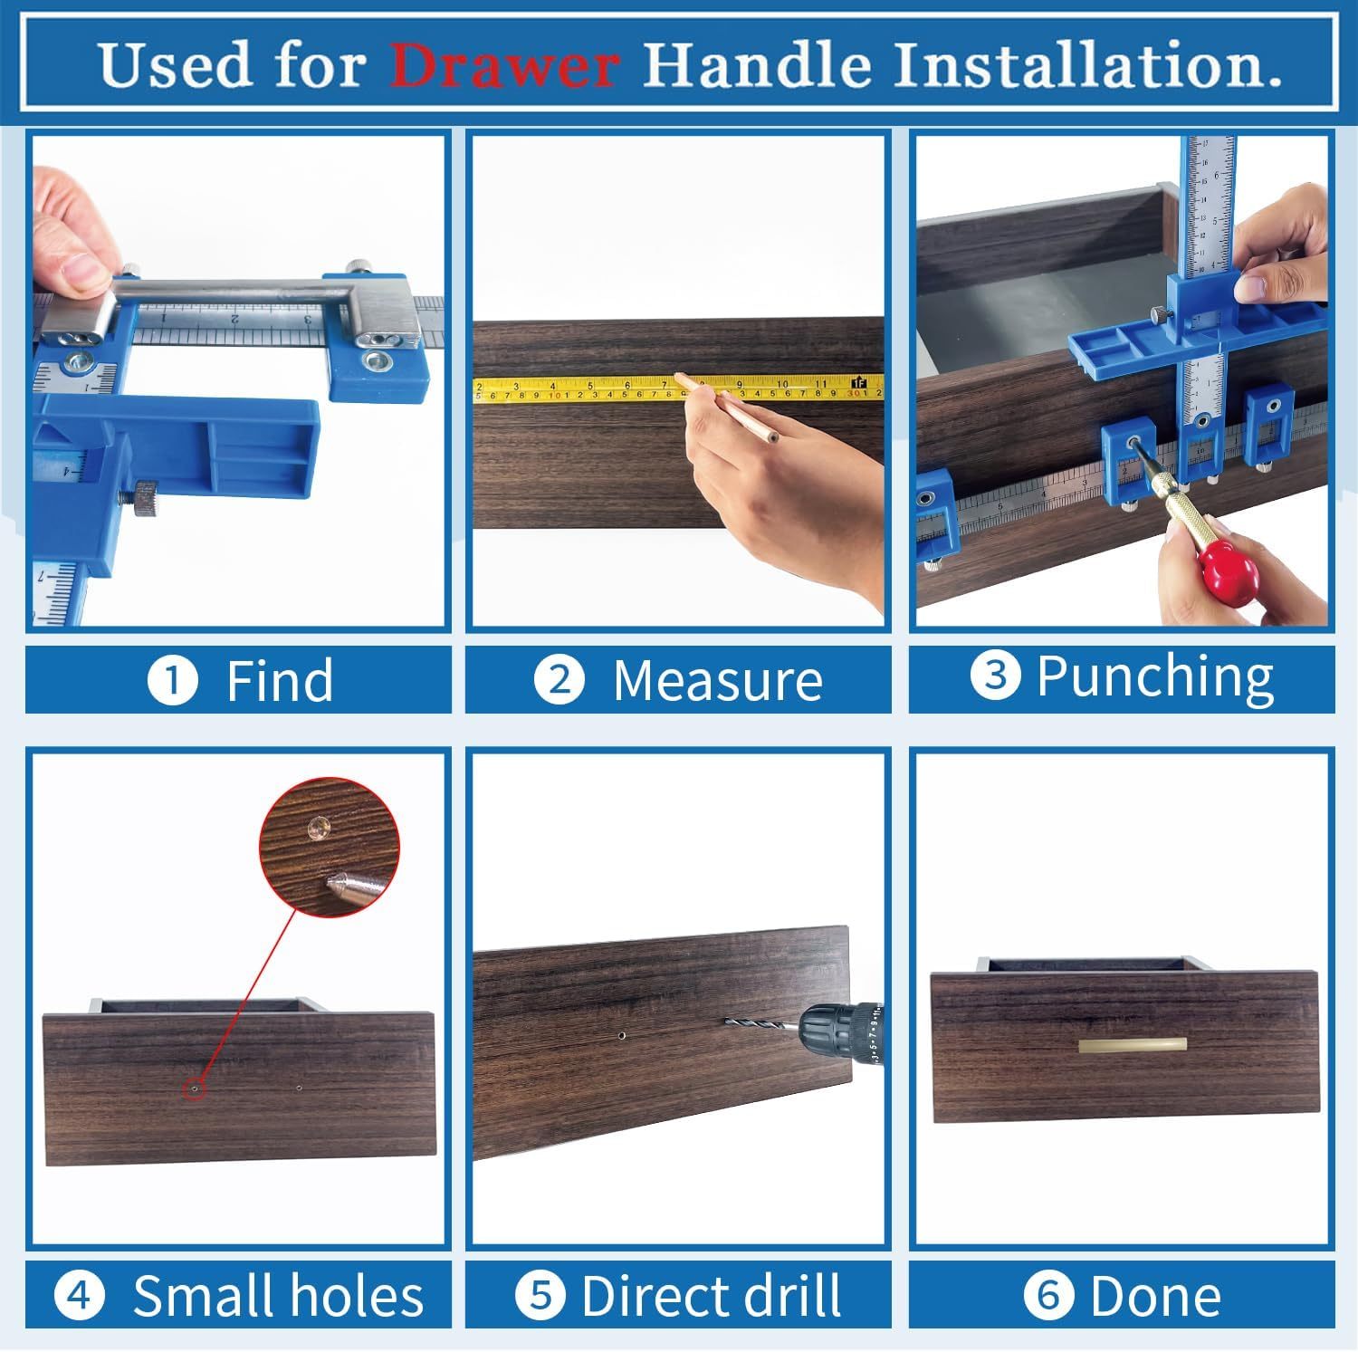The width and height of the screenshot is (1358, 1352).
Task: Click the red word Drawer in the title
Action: coord(504,65)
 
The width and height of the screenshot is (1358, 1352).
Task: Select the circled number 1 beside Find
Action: coord(172,680)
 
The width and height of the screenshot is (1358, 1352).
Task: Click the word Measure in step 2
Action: coord(717,680)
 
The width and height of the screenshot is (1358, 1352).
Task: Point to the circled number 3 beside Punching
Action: coord(995,676)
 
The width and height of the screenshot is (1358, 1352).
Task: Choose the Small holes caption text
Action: coord(278,1295)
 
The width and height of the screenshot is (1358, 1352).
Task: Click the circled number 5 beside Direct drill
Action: coord(540,1295)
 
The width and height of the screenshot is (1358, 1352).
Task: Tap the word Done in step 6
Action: coord(1155,1295)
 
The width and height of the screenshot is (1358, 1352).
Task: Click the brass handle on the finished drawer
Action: coord(1132,1045)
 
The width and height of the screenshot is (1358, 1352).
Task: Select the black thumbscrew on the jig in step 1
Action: coord(146,500)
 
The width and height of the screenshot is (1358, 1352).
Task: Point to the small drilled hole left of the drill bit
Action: coord(622,1033)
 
